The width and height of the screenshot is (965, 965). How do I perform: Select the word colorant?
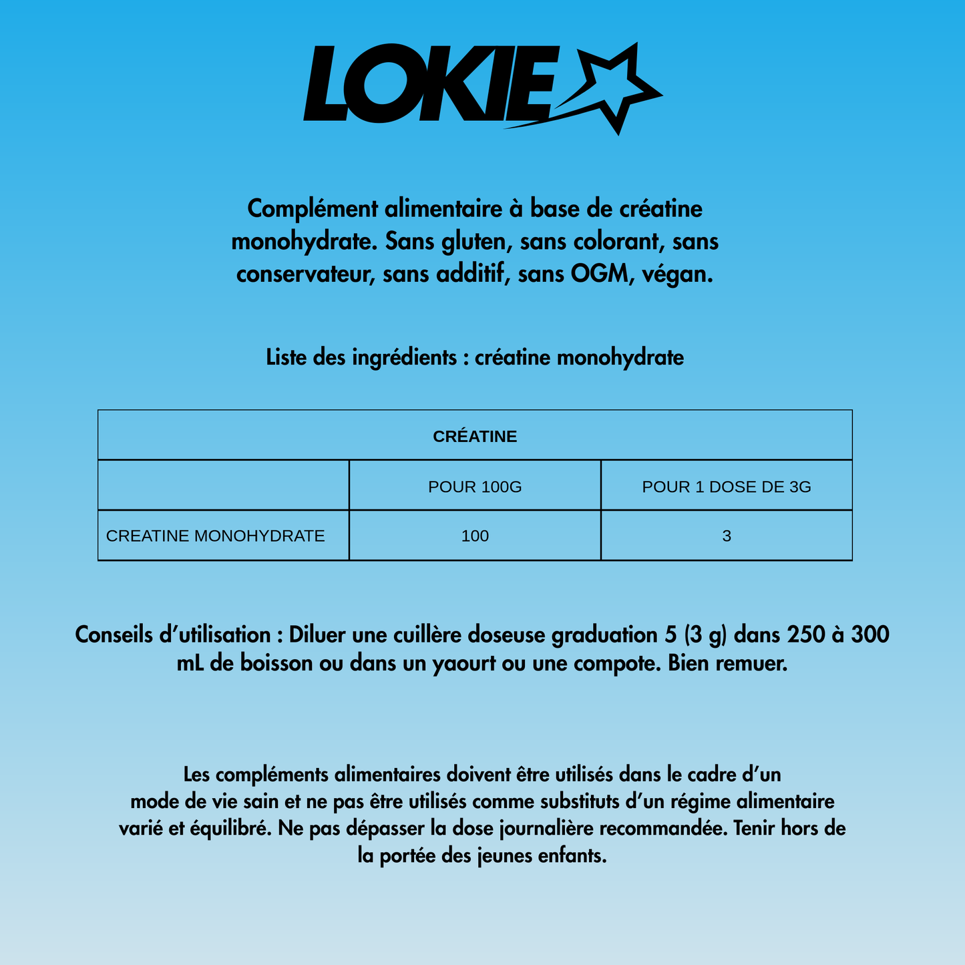coord(592,241)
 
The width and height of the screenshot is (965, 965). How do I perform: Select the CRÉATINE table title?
coord(475,437)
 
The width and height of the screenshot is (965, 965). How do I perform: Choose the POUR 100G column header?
coord(475,487)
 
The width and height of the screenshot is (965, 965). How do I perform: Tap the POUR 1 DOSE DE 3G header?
coord(727,487)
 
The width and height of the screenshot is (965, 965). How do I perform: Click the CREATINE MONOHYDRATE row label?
coord(216,536)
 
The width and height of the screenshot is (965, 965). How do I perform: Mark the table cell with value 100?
coord(475,536)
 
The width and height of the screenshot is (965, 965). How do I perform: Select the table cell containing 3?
coord(727,536)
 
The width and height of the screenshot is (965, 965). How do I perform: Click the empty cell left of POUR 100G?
coord(224,486)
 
